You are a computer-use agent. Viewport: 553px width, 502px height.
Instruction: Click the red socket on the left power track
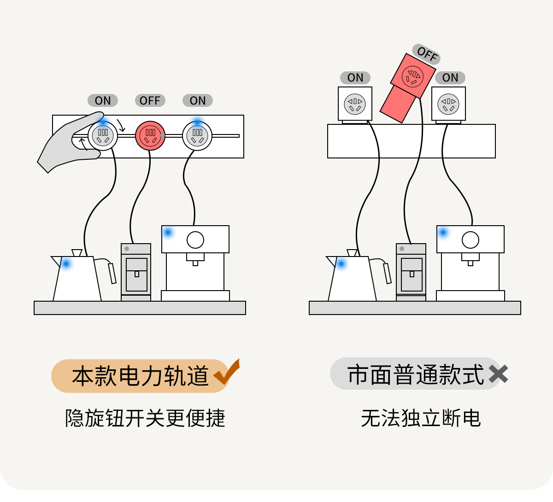(150, 135)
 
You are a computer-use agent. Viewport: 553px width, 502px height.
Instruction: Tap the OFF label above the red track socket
(150, 100)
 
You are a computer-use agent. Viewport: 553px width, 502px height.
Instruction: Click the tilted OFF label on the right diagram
(427, 54)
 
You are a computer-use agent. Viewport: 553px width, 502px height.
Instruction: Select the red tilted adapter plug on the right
(408, 88)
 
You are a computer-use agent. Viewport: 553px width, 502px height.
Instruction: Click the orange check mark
(227, 372)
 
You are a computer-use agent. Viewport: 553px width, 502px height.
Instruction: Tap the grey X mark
(498, 374)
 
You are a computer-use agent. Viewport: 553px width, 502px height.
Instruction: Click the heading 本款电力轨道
(141, 376)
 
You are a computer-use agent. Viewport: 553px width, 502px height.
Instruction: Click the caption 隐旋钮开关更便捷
(145, 418)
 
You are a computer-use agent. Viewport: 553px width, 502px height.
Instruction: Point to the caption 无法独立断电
(421, 418)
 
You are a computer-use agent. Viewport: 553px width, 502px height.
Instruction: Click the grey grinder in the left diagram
(136, 272)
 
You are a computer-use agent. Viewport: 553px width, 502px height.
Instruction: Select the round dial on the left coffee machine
(195, 239)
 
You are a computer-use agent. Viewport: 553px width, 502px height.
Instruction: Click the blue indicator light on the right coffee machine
(443, 233)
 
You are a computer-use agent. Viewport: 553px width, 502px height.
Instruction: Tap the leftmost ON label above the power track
(103, 100)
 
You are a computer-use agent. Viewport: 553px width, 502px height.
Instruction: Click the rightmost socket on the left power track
(197, 135)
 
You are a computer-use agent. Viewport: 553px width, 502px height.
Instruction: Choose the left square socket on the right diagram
(355, 104)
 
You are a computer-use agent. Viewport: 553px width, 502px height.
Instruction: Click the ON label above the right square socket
(450, 77)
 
